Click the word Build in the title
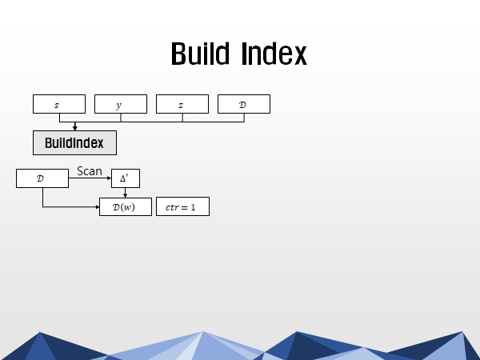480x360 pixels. [200, 54]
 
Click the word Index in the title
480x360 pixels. [274, 54]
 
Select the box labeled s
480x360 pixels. [59, 104]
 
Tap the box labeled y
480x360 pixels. [121, 104]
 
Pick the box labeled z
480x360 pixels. [182, 104]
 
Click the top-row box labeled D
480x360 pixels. [244, 104]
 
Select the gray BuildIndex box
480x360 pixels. [74, 143]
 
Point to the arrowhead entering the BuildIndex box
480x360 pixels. [74, 128]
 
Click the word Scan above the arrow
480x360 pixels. [90, 171]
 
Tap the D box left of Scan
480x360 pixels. [42, 178]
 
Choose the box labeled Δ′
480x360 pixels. [126, 178]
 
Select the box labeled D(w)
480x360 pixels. [126, 207]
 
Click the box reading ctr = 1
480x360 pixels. [182, 206]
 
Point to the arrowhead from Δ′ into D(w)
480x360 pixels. [126, 195]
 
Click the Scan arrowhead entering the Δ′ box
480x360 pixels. [109, 178]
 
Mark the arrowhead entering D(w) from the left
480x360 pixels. [98, 207]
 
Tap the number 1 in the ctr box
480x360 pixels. [193, 207]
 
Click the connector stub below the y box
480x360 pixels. [121, 118]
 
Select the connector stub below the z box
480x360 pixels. [182, 118]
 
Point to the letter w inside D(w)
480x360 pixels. [128, 207]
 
